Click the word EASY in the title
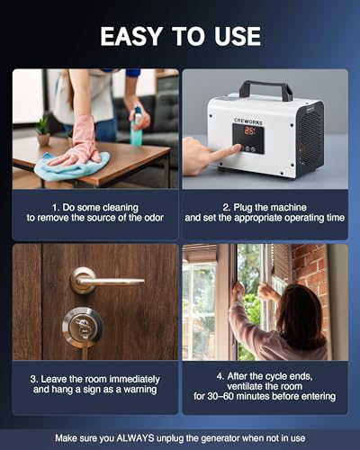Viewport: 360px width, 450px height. tap(131, 36)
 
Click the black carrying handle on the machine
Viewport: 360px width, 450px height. tap(265, 90)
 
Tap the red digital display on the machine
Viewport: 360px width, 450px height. tap(249, 131)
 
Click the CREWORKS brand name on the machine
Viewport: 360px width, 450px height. tap(248, 121)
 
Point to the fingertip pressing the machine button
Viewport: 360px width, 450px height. tap(238, 148)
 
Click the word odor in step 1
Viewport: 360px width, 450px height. tap(154, 218)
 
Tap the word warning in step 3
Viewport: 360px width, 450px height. tap(140, 390)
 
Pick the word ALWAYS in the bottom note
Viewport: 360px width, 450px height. tap(135, 438)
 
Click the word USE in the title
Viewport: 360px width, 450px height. tap(238, 36)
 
